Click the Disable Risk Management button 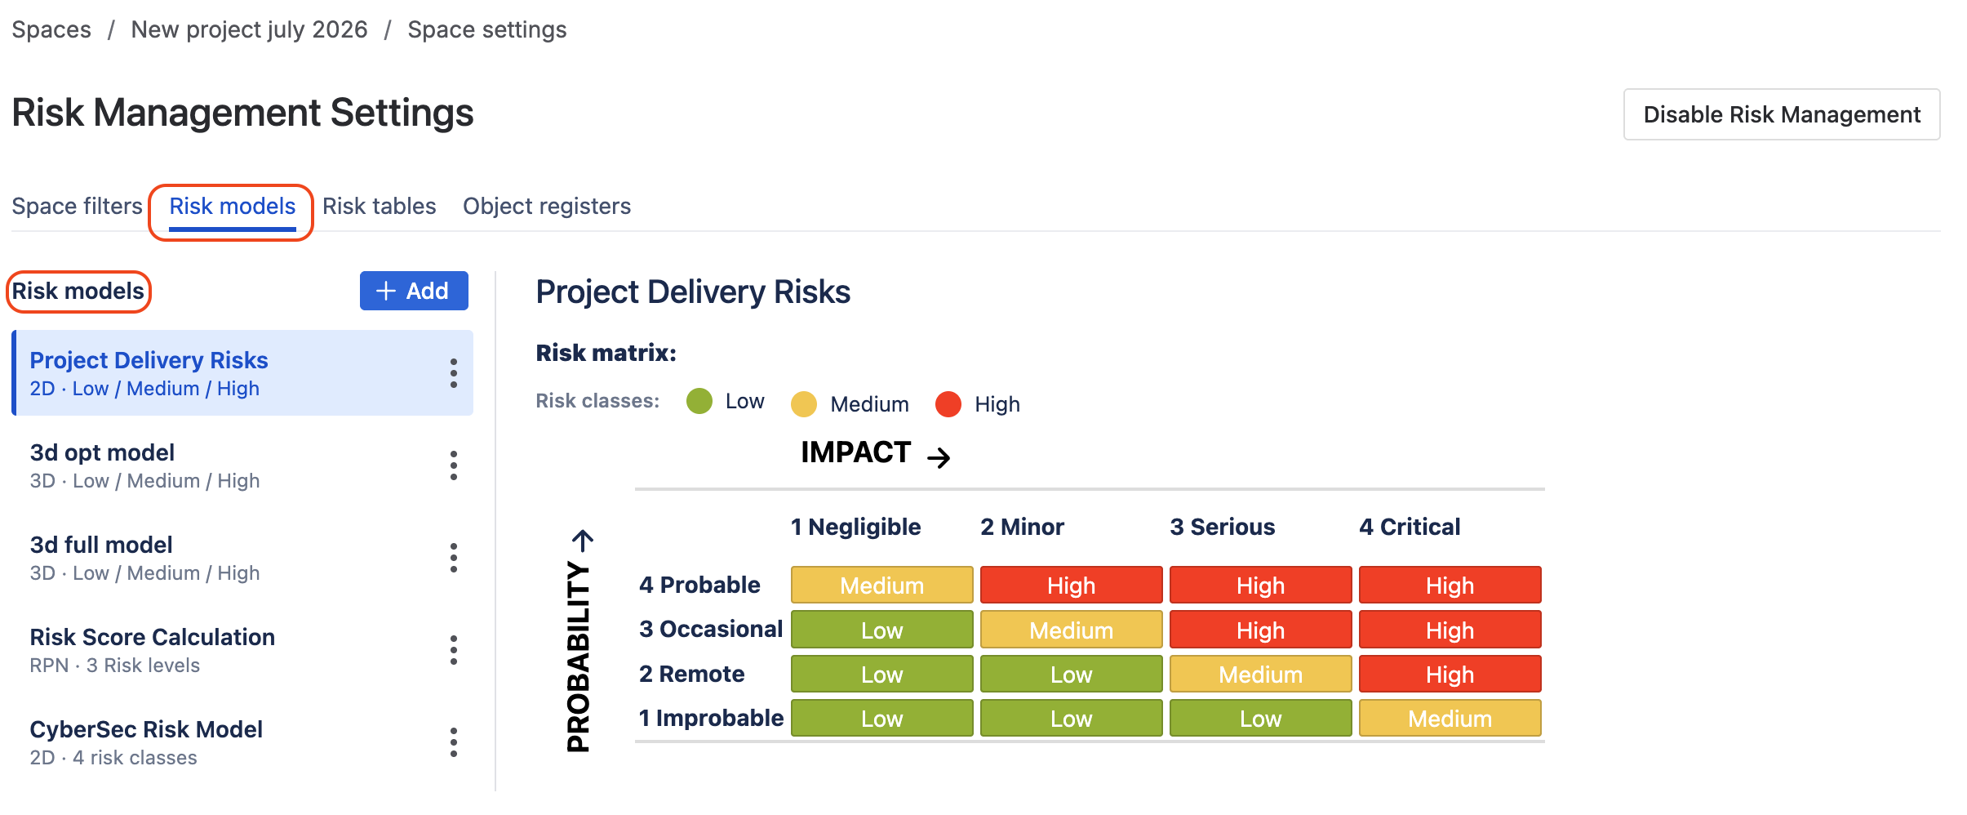(1781, 114)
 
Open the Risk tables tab (380, 206)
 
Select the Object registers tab (547, 206)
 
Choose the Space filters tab (77, 206)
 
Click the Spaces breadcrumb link (51, 29)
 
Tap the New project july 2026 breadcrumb (249, 29)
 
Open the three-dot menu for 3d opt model (454, 465)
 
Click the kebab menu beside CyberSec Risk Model (454, 742)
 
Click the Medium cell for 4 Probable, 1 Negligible (882, 585)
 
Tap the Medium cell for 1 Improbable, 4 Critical (1450, 718)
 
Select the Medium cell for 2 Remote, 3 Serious (1261, 674)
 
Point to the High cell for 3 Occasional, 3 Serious (1261, 630)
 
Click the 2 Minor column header (1022, 527)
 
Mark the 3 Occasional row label (711, 629)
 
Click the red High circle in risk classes (948, 403)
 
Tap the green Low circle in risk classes (699, 401)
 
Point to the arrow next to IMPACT (939, 457)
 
